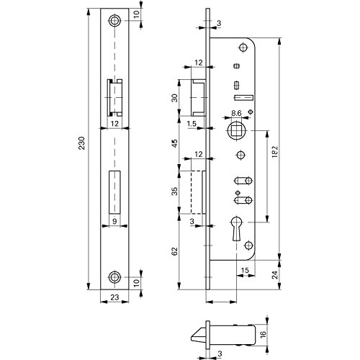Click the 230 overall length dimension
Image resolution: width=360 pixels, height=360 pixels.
click(82, 143)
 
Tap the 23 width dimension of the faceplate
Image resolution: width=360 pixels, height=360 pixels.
click(114, 297)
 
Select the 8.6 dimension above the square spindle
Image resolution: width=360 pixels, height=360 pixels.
click(236, 113)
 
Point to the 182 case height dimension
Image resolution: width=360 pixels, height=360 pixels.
click(275, 151)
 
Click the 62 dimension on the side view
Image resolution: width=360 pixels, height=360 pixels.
click(175, 251)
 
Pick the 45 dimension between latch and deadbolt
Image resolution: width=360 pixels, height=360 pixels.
click(175, 143)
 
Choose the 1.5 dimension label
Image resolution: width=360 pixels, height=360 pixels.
click(192, 124)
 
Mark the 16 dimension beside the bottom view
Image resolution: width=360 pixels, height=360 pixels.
click(263, 333)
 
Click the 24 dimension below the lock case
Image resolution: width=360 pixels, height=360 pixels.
click(275, 274)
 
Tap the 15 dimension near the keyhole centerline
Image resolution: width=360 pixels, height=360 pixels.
click(245, 270)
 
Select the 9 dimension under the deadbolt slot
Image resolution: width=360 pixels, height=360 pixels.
click(114, 221)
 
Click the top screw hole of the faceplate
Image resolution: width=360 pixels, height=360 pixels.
click(114, 21)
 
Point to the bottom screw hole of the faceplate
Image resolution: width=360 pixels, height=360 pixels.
click(114, 277)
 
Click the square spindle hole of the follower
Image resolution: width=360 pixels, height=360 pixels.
click(236, 130)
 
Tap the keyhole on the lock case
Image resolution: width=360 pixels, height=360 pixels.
click(236, 228)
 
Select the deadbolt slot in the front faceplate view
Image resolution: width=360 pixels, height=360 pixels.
click(114, 192)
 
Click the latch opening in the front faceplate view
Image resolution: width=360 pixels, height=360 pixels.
click(114, 97)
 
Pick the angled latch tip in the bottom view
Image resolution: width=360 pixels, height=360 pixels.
click(198, 335)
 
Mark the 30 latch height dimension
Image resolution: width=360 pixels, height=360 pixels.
click(175, 98)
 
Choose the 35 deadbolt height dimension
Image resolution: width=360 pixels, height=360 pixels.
click(175, 191)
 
